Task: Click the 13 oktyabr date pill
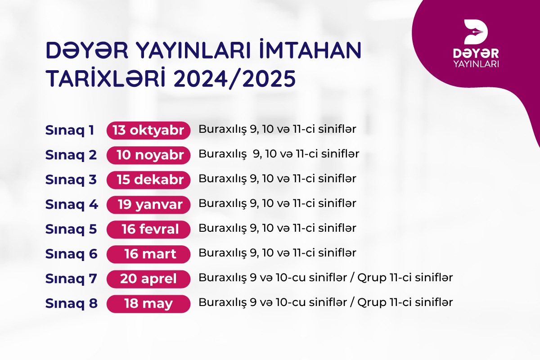coord(148,130)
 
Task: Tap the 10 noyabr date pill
coord(148,155)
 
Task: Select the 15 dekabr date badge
coord(148,180)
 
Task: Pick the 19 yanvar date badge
coord(148,205)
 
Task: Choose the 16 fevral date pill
coord(148,229)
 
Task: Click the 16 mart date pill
coord(148,254)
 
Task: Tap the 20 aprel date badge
coord(148,279)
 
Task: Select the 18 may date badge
coord(148,304)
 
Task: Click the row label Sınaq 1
coord(70,130)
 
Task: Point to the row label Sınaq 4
coord(72,205)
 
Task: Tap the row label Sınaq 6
coord(72,254)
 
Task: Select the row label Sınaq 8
coord(72,304)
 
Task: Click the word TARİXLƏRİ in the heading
coord(106,78)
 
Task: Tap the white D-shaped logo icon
coord(476,32)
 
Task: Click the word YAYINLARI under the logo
coord(476,64)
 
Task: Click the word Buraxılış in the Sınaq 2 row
coord(223,154)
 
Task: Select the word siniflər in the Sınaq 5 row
coord(337,228)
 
